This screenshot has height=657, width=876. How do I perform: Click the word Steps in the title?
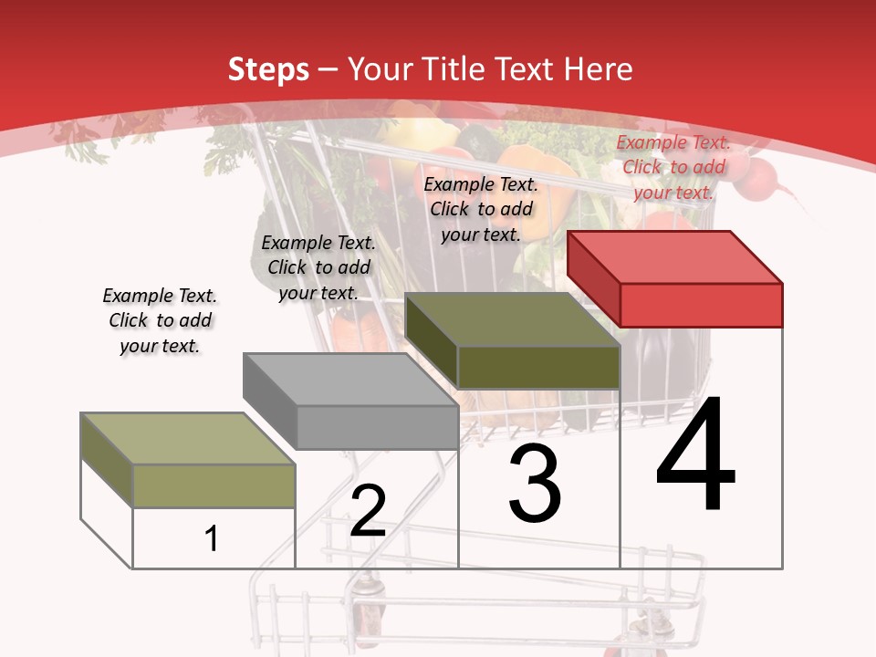click(268, 70)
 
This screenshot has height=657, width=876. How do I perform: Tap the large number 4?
click(695, 453)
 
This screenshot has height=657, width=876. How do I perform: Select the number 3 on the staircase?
click(535, 483)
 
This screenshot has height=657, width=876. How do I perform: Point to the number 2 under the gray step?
click(368, 509)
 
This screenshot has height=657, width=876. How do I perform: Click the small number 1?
click(211, 538)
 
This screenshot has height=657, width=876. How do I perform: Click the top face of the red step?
click(675, 257)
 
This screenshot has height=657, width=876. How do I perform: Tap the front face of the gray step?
click(378, 427)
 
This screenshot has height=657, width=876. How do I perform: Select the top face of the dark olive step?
click(512, 319)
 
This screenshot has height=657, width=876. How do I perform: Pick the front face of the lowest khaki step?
click(214, 486)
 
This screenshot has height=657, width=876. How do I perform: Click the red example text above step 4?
click(673, 168)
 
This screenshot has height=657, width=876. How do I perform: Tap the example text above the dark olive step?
click(481, 210)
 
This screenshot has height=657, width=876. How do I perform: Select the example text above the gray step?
click(318, 267)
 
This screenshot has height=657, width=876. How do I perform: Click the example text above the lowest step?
click(160, 320)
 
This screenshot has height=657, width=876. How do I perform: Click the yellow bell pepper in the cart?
click(418, 134)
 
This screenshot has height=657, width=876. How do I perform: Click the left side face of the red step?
click(594, 279)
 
